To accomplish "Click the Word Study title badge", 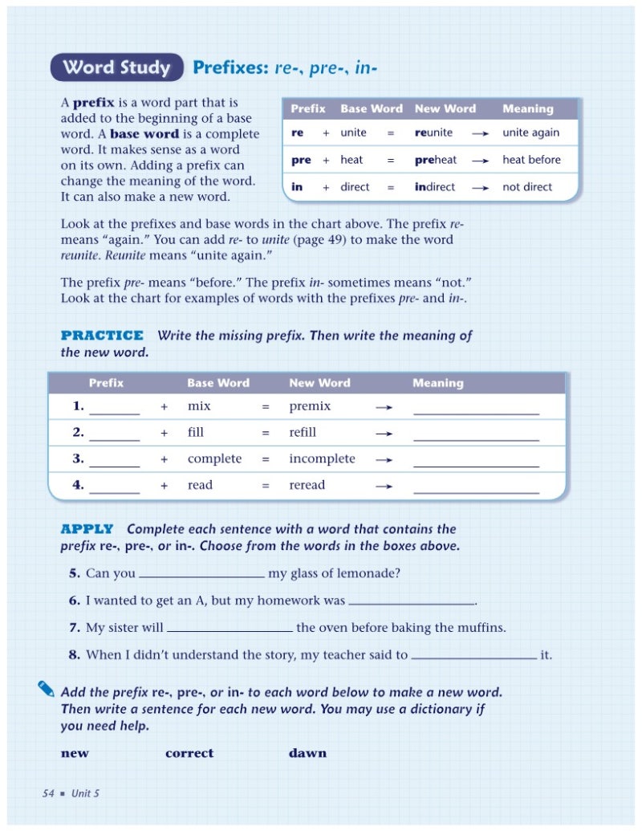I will (117, 68).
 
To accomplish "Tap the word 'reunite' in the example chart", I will (433, 132).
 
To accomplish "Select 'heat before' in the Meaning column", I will (531, 160).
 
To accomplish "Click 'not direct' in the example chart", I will (527, 187).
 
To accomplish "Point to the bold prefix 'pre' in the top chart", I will (301, 160).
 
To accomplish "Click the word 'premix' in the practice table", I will (310, 406).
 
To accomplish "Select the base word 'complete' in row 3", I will (214, 458).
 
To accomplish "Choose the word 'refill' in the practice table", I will (303, 432).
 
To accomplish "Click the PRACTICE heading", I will (102, 336).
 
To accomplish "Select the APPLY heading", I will (87, 529).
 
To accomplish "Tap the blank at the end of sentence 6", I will (412, 602).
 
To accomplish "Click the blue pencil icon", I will (47, 688).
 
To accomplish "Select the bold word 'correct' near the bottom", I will (189, 753).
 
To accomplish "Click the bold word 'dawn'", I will (307, 753).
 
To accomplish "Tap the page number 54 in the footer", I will (48, 793).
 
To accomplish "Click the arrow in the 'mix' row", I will (384, 407).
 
